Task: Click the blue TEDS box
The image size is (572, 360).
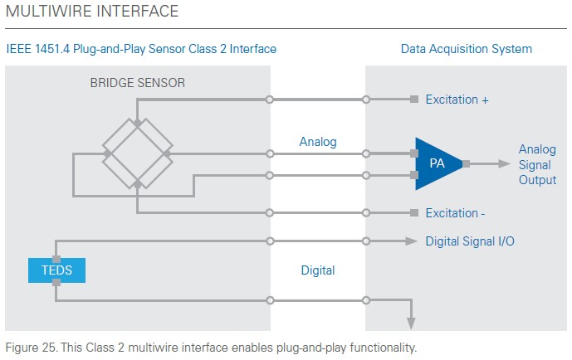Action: click(56, 270)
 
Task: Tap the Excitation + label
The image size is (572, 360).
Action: click(457, 100)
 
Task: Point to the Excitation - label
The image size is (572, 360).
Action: click(455, 213)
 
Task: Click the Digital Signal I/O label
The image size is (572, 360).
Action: click(470, 241)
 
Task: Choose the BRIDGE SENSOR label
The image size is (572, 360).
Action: click(138, 83)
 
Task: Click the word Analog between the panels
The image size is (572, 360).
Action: click(318, 142)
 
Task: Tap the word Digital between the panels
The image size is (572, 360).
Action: click(318, 270)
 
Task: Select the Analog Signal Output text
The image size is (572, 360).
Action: click(537, 164)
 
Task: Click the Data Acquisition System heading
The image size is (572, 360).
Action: click(467, 49)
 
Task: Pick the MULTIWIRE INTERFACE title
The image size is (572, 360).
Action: click(92, 11)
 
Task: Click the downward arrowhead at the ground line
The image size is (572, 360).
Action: click(411, 324)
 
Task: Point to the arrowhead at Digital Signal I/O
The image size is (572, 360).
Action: click(411, 241)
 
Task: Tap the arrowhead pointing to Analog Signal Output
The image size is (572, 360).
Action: click(504, 164)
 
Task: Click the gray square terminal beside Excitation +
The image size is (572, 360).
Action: click(414, 99)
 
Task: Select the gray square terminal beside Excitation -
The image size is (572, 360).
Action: click(414, 213)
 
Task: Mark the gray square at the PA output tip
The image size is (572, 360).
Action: click(466, 164)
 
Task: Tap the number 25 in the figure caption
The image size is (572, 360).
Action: click(48, 348)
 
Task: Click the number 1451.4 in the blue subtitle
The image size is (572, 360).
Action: click(52, 49)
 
